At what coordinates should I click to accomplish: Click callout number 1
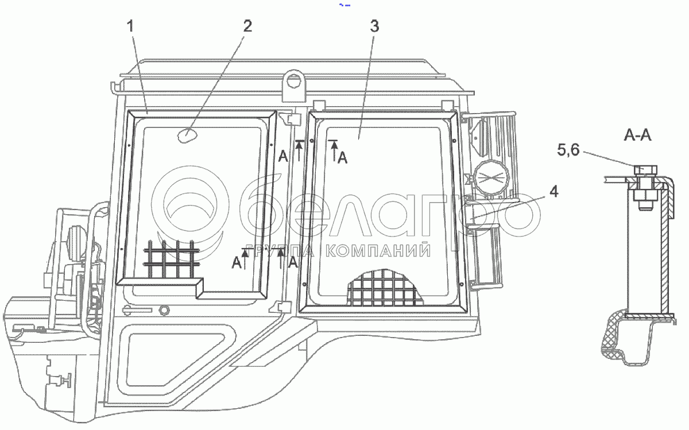131,26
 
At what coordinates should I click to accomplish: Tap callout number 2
247,26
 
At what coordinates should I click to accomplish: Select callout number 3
374,26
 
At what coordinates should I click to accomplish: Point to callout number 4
553,192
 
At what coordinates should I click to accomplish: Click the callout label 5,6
568,150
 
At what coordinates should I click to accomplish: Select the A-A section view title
637,135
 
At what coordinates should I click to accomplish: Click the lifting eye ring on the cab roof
295,79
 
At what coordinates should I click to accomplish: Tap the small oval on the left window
187,135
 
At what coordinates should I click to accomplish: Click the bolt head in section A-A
645,170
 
